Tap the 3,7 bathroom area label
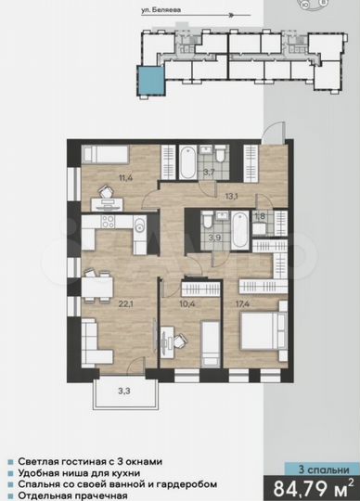pos(209,172)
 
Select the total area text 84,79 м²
pos(312,485)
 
